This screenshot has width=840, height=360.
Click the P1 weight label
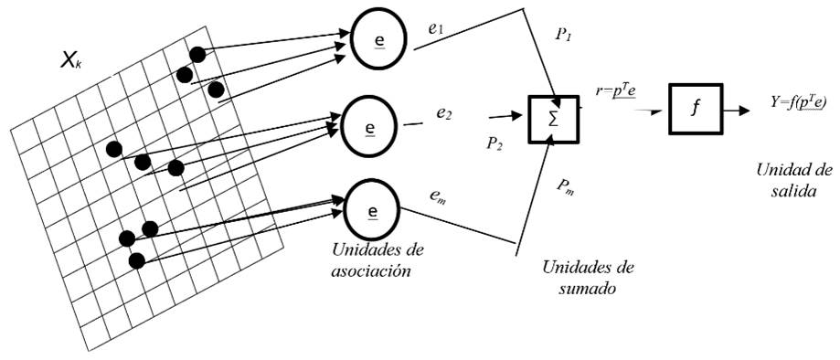coord(563,34)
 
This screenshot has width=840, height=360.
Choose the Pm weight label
coord(564,185)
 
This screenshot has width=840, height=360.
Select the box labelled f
coord(695,110)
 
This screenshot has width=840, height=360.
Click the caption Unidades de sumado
coord(588,277)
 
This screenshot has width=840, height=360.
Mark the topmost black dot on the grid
coord(195,54)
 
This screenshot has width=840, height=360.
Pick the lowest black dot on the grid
coord(137,260)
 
